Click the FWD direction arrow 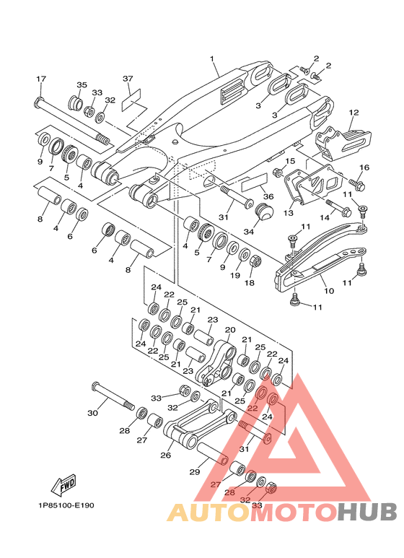click(64, 484)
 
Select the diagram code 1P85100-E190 click(67, 505)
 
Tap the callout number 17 click(41, 79)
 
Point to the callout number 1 click(212, 58)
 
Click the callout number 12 click(353, 113)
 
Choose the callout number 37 click(128, 79)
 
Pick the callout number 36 click(268, 196)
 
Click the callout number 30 click(92, 413)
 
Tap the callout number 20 click(230, 330)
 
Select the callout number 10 click(329, 291)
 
